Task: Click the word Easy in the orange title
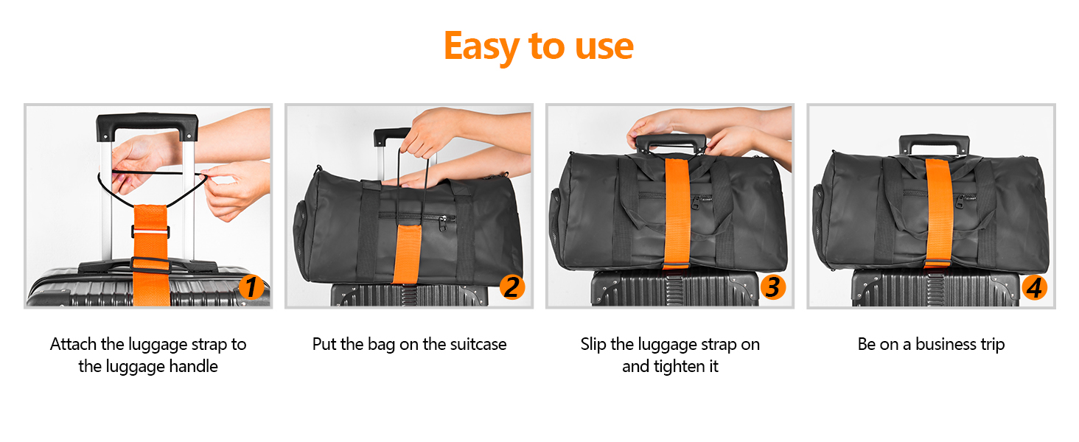[481, 46]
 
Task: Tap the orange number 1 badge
[251, 287]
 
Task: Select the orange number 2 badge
[512, 287]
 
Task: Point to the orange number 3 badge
[773, 287]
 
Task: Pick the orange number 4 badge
[1035, 287]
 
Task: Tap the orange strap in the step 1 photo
[151, 255]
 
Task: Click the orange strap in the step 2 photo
[408, 253]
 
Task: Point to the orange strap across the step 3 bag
[677, 214]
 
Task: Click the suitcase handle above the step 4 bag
[934, 143]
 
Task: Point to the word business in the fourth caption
[945, 344]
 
